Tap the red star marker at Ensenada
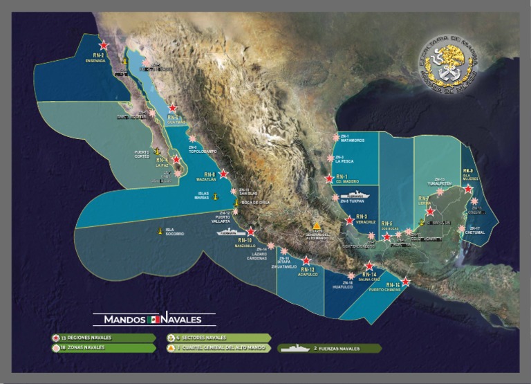point(104,44)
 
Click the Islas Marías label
point(203,195)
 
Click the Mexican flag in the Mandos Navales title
point(153,320)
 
